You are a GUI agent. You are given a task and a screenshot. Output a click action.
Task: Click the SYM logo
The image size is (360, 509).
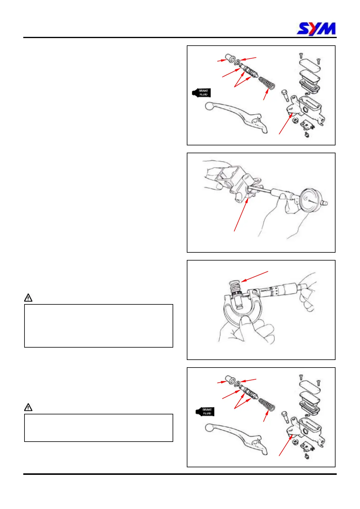316,29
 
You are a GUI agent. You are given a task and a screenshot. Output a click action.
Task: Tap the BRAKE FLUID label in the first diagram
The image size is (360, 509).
201,92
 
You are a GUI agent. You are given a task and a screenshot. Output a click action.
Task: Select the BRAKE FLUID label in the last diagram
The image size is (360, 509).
205,411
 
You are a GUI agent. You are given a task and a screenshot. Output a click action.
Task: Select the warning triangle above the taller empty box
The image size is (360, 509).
28,298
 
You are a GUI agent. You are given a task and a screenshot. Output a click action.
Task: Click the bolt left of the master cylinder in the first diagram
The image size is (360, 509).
285,96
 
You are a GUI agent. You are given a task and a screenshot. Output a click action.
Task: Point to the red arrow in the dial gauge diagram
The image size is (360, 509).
241,215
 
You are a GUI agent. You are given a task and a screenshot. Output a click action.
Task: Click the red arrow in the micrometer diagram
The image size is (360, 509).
255,277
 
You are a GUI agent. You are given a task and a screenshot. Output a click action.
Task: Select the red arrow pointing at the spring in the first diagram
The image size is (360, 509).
266,94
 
